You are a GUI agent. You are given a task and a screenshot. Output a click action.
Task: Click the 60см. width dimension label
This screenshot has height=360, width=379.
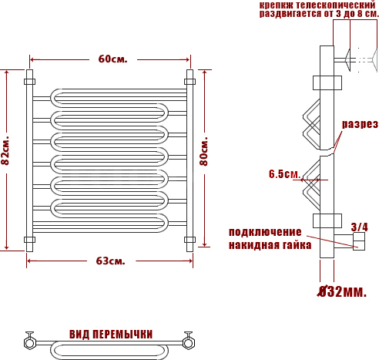[x=112, y=59]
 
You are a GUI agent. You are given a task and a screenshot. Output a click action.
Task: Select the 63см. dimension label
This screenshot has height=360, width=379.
[x=111, y=261]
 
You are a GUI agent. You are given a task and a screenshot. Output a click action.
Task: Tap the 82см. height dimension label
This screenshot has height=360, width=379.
[x=5, y=150]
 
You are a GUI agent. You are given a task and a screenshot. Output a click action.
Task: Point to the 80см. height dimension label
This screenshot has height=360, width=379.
[x=204, y=152]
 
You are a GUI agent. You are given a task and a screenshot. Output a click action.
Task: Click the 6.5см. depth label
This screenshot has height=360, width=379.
[x=284, y=174]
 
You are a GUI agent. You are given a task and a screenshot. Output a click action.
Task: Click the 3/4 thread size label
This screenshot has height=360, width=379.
[x=360, y=227]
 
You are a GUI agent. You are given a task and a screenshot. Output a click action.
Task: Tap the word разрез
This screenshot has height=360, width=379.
[x=360, y=124]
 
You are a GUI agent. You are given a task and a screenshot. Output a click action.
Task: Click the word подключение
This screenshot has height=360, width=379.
[x=265, y=232]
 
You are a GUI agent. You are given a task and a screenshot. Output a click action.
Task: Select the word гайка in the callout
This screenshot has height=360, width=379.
[x=297, y=245]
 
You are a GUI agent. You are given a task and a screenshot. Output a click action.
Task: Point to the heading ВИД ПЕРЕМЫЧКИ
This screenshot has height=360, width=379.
[x=111, y=335]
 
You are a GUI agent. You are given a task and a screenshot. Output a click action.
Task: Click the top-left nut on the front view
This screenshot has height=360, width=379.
[x=30, y=82]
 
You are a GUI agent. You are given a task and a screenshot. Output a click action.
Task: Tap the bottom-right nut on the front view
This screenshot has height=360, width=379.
[x=189, y=240]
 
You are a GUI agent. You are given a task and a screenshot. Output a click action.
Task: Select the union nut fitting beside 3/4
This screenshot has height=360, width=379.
[x=359, y=241]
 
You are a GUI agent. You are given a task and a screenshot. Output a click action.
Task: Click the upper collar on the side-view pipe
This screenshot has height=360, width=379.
[x=327, y=82]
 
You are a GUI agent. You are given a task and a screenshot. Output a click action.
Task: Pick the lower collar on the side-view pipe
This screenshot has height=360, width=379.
[x=327, y=220]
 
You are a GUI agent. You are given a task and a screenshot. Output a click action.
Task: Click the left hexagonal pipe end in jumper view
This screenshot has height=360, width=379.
[x=30, y=343]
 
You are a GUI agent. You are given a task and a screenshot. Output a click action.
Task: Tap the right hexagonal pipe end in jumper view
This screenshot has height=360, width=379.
[x=188, y=343]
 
